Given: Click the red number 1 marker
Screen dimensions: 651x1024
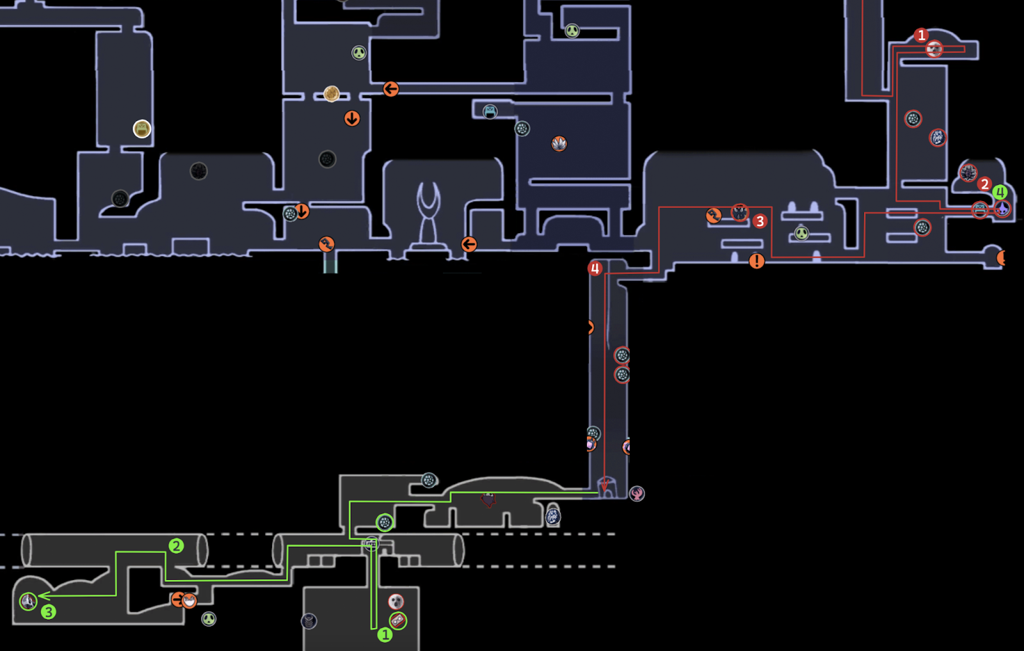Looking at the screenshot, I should pos(921,35).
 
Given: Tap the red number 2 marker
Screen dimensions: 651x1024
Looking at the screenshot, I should pos(984,184).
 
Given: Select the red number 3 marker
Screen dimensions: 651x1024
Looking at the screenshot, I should pos(760,221).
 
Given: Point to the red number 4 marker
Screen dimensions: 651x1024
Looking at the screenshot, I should pos(595,269).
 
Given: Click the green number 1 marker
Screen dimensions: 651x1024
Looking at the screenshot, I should pos(385,634).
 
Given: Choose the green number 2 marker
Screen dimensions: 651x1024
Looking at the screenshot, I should pos(176,546).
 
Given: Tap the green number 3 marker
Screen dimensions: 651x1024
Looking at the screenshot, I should pos(48,612).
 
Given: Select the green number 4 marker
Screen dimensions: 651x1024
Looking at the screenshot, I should pos(1000,192).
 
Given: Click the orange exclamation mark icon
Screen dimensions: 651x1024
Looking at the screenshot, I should pos(756,261).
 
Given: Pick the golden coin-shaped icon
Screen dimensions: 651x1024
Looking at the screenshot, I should pos(332,94).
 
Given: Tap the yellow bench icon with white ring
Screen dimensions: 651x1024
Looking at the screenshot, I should pos(141,129).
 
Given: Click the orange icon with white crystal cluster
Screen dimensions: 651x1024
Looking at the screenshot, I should pos(559,143).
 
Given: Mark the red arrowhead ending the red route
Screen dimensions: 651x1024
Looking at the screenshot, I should pos(604,488).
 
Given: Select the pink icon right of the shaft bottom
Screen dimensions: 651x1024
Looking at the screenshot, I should pos(636,493).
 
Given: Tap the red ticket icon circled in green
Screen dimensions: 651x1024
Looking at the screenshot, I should pos(398,620).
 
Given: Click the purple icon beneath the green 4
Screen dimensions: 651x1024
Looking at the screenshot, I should pos(1002,209).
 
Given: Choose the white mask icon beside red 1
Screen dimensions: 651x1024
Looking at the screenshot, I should pos(934,49).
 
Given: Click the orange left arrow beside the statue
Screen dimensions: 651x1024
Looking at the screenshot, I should pos(469,244).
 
